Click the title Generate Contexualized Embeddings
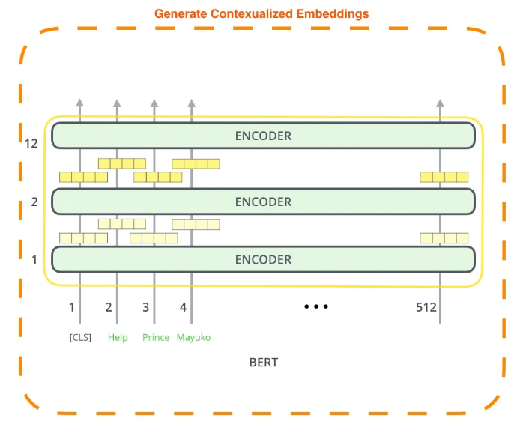click(261, 13)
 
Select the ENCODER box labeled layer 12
click(263, 136)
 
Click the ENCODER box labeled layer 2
click(263, 202)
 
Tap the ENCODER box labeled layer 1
click(263, 259)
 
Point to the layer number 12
click(31, 143)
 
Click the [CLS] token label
click(80, 337)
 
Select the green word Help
click(118, 337)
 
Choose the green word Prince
click(156, 337)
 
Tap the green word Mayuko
click(193, 337)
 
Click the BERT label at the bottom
click(263, 363)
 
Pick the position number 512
click(426, 307)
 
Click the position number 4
click(183, 307)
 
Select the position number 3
click(145, 307)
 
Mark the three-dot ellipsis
click(316, 306)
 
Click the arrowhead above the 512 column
click(440, 103)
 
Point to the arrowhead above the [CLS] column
click(80, 103)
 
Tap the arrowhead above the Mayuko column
click(191, 103)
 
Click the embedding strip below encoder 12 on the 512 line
click(444, 178)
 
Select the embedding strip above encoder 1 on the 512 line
click(444, 238)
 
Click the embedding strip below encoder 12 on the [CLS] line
click(83, 178)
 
